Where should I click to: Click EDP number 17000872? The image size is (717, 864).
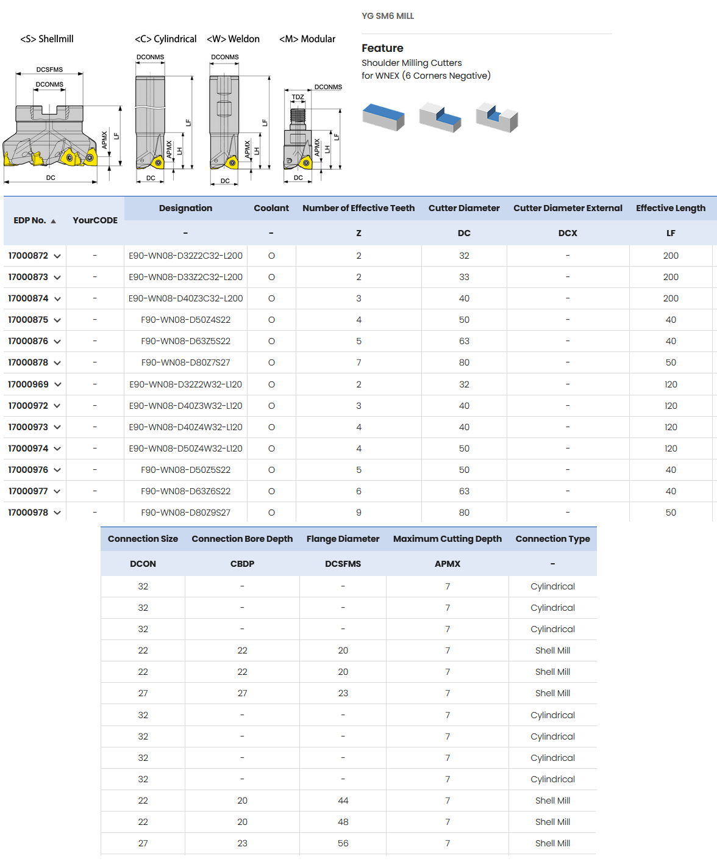tap(28, 256)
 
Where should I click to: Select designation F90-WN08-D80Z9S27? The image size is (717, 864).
tap(185, 513)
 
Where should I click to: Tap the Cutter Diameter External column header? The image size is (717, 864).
tap(567, 208)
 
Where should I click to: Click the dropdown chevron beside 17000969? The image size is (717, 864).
tap(58, 384)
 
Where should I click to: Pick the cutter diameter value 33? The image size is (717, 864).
tap(464, 277)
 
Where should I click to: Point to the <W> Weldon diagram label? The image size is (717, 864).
tap(233, 39)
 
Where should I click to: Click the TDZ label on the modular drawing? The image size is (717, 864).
tap(298, 97)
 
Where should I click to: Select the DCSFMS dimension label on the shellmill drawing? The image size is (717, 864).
tap(49, 70)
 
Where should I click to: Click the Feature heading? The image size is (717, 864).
tap(382, 48)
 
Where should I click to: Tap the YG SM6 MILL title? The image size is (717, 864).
tap(388, 16)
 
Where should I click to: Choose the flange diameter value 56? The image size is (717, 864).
tap(343, 843)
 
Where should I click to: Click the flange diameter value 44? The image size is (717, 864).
tap(343, 801)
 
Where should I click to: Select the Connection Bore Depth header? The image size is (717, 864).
tap(242, 539)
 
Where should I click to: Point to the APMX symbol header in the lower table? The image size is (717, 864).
tap(447, 564)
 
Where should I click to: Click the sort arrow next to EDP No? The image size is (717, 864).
tap(54, 221)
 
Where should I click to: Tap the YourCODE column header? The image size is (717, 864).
tap(95, 220)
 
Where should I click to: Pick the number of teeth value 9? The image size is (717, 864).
tap(358, 513)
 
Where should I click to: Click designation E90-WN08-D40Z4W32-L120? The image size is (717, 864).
tap(185, 427)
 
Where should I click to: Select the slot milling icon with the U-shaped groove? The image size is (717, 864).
tap(496, 117)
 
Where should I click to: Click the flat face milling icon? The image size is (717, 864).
tap(383, 117)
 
